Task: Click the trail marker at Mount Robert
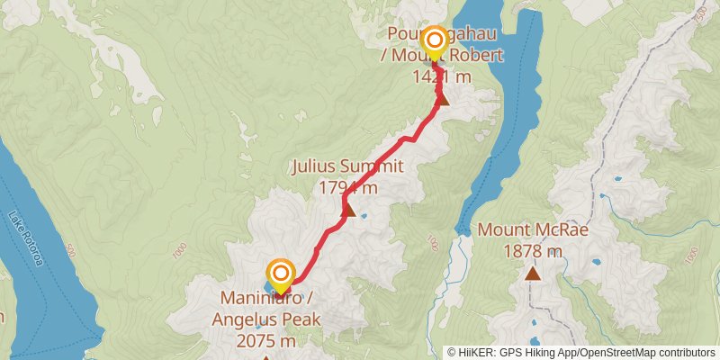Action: [x=434, y=40]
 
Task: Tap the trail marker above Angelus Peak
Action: [x=281, y=274]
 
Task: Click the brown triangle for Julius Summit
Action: [x=348, y=211]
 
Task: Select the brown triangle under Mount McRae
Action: [x=534, y=272]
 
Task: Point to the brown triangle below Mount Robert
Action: [x=443, y=98]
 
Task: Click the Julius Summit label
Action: [x=346, y=166]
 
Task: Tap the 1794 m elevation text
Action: [x=347, y=187]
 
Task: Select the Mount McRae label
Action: [x=533, y=229]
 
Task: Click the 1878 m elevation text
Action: [x=533, y=250]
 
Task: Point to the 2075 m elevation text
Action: [x=265, y=341]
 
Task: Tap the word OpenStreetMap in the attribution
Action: [x=620, y=352]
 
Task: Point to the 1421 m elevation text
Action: [x=442, y=76]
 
